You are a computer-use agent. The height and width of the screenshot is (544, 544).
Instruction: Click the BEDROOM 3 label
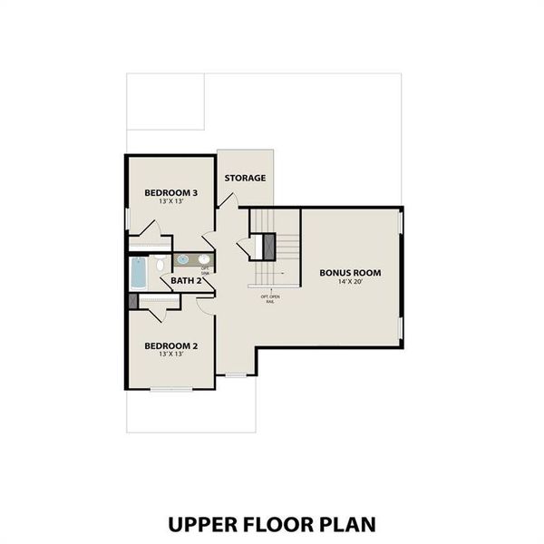point(171,193)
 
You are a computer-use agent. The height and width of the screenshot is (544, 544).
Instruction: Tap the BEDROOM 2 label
point(171,345)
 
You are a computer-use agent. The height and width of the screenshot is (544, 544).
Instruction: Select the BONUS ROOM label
point(349,272)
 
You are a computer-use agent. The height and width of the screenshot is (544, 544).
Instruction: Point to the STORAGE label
point(245,178)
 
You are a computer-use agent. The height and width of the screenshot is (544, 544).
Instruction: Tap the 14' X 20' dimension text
point(349,283)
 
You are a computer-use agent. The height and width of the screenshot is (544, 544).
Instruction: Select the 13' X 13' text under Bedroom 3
point(171,203)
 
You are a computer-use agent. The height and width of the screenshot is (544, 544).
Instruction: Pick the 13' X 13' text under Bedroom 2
point(171,355)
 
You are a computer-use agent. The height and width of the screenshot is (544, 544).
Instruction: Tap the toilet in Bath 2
point(158,264)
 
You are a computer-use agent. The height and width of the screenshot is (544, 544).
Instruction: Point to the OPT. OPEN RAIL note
point(269,297)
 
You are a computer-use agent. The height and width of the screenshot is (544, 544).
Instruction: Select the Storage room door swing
point(209,242)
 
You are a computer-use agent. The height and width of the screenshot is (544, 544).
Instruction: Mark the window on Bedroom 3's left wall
point(126,218)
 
